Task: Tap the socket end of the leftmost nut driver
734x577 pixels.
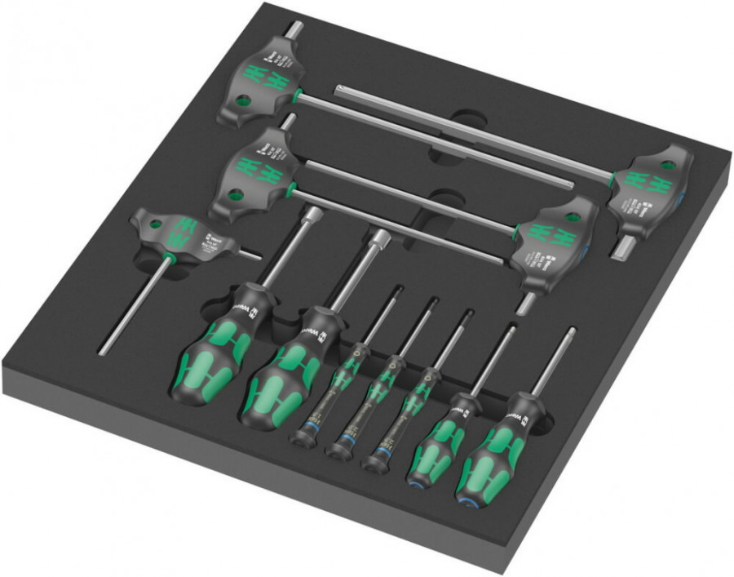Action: click(312, 214)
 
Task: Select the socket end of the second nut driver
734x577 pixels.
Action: click(380, 237)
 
